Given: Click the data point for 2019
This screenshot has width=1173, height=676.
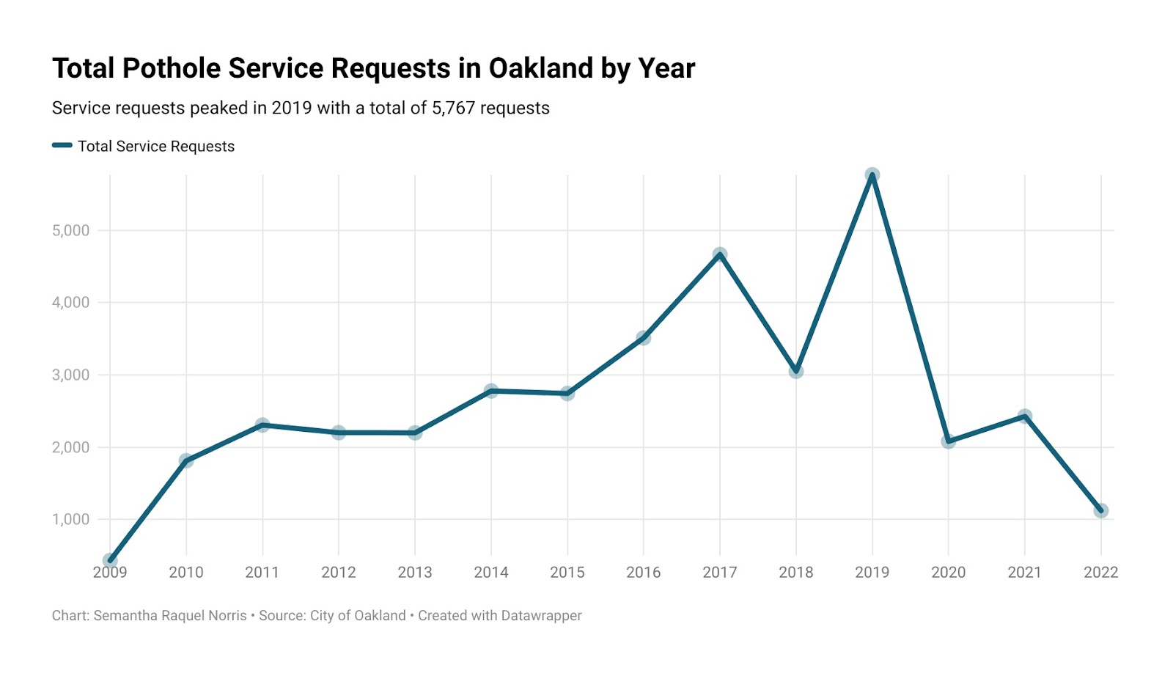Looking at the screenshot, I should tap(872, 175).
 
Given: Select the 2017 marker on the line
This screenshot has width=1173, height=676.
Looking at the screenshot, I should tap(720, 254).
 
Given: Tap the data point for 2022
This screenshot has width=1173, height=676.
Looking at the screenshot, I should tap(1100, 510).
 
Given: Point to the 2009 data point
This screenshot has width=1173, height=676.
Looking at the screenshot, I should tap(110, 561).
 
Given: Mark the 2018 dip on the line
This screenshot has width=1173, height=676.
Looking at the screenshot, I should tap(796, 371).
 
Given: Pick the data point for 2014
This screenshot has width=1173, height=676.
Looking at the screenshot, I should tap(491, 391).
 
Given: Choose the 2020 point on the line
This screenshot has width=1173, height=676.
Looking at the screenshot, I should tap(948, 441).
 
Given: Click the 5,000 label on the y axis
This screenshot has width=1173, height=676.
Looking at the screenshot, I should tap(70, 231).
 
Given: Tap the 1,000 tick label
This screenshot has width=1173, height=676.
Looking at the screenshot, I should tap(70, 520).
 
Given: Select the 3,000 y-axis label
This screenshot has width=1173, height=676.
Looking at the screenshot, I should tap(70, 375).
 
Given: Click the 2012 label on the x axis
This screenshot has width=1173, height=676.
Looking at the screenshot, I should tap(339, 573).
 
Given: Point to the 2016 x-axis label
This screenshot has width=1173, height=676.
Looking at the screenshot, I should tap(644, 573).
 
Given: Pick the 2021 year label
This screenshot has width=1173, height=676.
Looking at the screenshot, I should tap(1024, 573).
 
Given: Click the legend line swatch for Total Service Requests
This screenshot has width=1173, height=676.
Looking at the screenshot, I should tap(62, 146).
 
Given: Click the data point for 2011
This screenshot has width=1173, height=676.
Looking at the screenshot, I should tap(262, 425).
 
